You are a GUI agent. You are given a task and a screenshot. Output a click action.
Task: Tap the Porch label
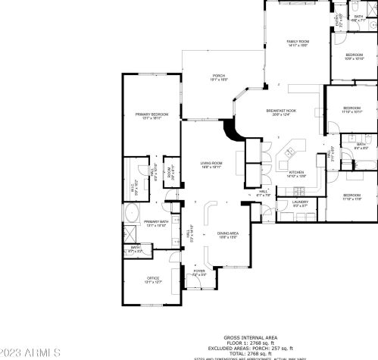click(219, 77)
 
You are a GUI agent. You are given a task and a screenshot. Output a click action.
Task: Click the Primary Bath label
click(155, 224)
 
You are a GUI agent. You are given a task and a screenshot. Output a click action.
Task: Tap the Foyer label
click(199, 272)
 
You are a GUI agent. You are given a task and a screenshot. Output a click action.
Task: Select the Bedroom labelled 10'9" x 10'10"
click(355, 57)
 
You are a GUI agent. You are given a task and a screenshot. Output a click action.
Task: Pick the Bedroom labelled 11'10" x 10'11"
click(353, 110)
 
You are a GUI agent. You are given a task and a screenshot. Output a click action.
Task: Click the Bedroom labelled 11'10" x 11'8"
click(352, 197)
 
